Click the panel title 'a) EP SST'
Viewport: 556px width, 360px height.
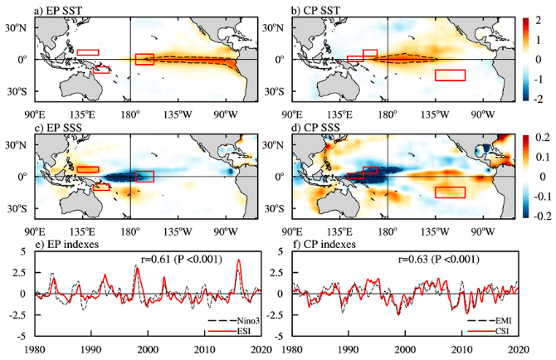[x=58, y=11]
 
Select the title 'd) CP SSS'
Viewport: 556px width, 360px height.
[x=315, y=128]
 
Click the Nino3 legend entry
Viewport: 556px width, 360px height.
[x=248, y=321]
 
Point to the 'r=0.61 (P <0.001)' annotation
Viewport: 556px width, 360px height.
[x=182, y=260]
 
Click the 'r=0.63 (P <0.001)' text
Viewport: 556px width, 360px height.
[x=439, y=260]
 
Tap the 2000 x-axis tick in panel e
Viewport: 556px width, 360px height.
[x=148, y=349]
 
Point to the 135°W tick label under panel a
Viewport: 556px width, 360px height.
[x=178, y=114]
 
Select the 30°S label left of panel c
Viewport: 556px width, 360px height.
[x=15, y=209]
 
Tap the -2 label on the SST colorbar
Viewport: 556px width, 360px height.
[x=539, y=99]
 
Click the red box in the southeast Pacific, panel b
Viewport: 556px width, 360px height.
[x=450, y=75]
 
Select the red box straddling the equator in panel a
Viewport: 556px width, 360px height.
[x=144, y=59]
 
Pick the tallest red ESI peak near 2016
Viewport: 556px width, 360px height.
[x=239, y=260]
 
